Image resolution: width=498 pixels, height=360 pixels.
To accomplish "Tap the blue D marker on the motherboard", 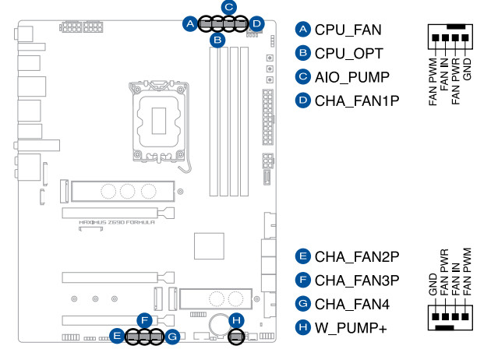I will pos(258,24).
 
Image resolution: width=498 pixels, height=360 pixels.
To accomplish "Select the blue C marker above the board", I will pos(228,8).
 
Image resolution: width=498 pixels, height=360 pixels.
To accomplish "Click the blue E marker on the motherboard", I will pos(117,337).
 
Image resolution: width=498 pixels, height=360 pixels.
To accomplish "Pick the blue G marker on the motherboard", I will pos(173,337).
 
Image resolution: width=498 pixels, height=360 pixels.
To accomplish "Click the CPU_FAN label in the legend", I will pos(348,30).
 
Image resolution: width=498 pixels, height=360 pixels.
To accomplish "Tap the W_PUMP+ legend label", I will pos(351,329).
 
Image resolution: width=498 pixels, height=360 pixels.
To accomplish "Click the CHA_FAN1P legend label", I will pos(357,100).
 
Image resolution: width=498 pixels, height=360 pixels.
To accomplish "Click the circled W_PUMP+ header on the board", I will pos(236,337).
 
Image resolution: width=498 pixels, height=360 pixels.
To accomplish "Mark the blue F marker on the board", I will pos(143,319).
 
